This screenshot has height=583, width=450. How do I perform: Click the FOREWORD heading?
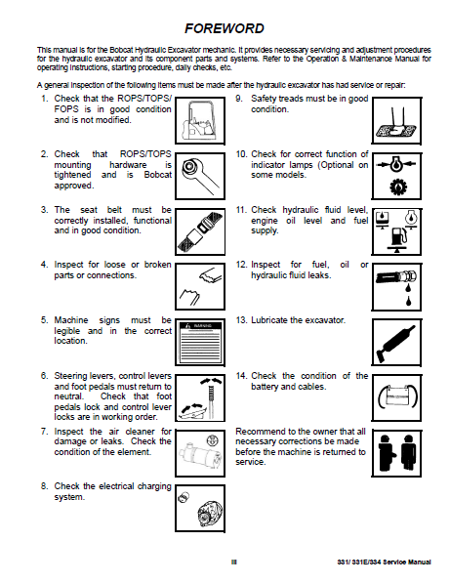(225, 28)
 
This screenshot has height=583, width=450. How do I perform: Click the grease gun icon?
(396, 342)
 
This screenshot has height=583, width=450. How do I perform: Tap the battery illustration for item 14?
(396, 397)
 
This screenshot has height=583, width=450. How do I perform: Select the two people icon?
(396, 453)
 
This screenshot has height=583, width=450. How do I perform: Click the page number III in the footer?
(233, 562)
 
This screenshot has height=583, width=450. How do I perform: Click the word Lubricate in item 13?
(269, 320)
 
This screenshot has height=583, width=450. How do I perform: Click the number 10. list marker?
(241, 154)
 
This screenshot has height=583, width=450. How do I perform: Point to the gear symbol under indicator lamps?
(398, 187)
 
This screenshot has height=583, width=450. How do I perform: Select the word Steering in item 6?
(69, 376)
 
